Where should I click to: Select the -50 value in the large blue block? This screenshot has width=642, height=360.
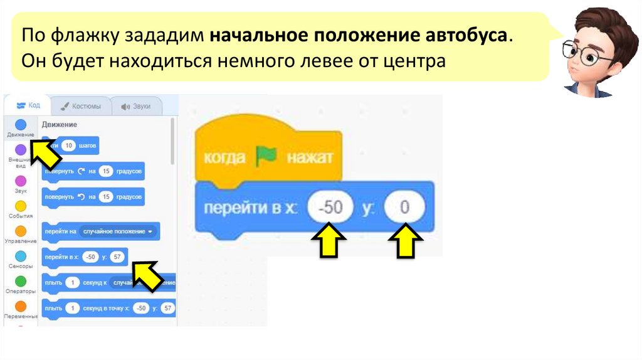point(330,207)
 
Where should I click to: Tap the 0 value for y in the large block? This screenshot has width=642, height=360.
point(404,207)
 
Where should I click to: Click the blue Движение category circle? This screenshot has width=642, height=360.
point(21,124)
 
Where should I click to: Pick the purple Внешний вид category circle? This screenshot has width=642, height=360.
point(21,150)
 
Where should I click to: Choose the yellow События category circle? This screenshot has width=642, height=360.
point(21,206)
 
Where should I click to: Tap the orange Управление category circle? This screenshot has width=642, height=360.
point(21,231)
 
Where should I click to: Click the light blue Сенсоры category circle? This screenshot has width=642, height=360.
point(21,256)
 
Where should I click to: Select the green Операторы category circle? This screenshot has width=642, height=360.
point(21,281)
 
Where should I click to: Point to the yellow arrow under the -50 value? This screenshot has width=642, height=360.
point(330,241)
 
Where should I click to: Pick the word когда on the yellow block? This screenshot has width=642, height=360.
point(224,157)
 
